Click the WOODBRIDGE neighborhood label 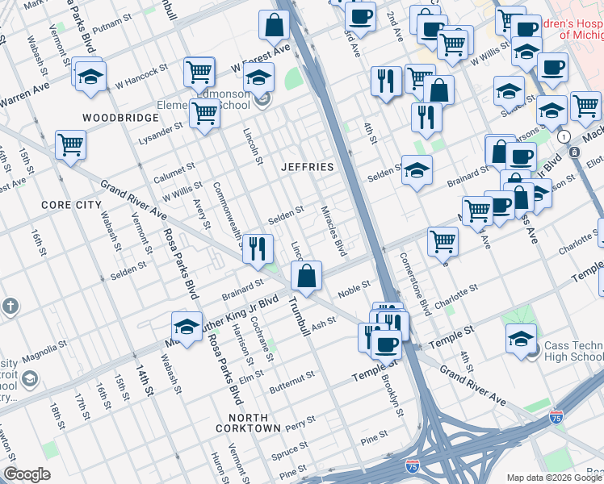(x=108, y=118)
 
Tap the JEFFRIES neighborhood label (x=307, y=167)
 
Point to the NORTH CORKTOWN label (x=248, y=428)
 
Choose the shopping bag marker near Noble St (x=307, y=277)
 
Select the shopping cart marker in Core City (x=71, y=146)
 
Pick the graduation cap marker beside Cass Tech (x=521, y=339)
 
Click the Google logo (x=27, y=474)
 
